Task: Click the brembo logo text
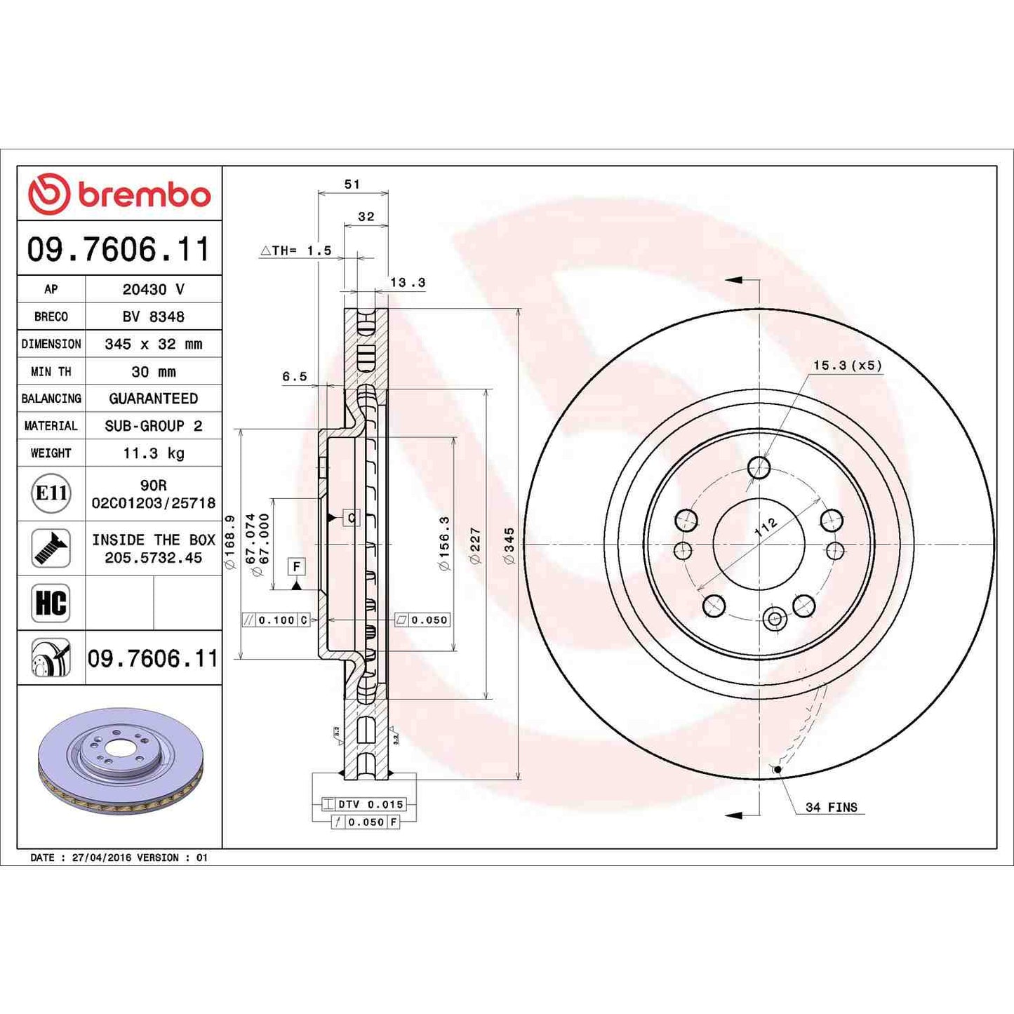(144, 195)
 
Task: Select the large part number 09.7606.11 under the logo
(119, 250)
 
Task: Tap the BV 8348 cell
(153, 316)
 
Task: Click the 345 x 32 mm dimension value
(153, 344)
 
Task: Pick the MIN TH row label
(51, 371)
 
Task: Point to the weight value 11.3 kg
(153, 453)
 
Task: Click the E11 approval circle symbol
(51, 493)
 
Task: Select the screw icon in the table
(51, 548)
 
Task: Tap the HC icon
(51, 603)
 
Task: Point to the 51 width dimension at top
(352, 185)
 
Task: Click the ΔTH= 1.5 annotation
(295, 251)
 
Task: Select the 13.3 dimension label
(408, 283)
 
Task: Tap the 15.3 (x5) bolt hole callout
(847, 366)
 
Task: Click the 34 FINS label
(832, 808)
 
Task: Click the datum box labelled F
(296, 566)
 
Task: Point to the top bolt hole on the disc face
(759, 467)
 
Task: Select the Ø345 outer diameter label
(509, 545)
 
